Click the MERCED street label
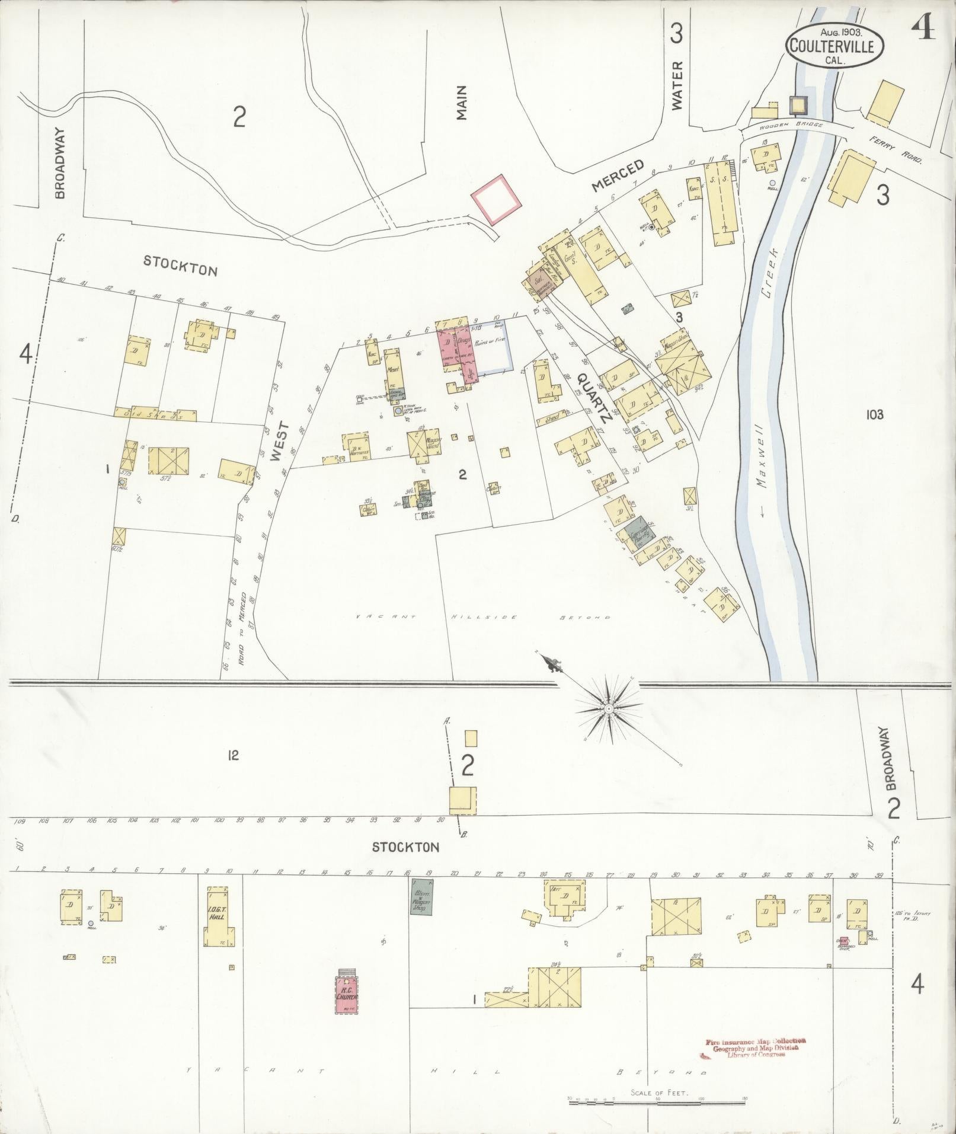[618, 175]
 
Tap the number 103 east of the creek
[874, 414]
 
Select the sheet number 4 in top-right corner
[923, 28]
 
